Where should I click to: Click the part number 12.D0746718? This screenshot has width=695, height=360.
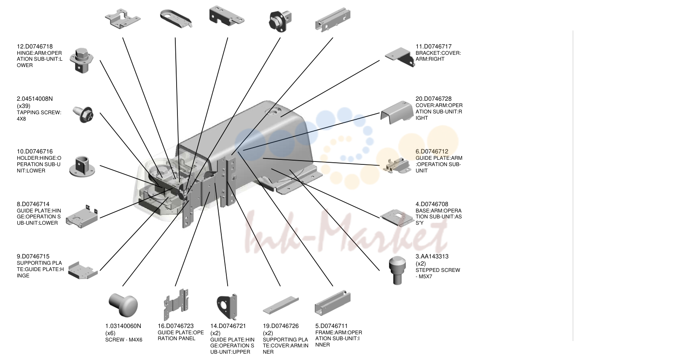pyautogui.click(x=35, y=46)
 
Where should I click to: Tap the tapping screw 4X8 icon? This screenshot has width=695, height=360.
pyautogui.click(x=83, y=114)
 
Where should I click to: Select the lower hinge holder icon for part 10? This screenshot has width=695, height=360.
pyautogui.click(x=82, y=167)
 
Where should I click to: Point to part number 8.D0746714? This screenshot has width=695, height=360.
pyautogui.click(x=33, y=204)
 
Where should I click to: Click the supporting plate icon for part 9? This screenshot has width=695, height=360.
pyautogui.click(x=82, y=270)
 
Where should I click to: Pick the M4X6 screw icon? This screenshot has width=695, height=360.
pyautogui.click(x=123, y=305)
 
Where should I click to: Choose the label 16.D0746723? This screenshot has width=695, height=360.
pyautogui.click(x=176, y=326)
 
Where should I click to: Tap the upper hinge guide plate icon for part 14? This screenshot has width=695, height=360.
pyautogui.click(x=228, y=306)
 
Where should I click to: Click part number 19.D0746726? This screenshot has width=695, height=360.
pyautogui.click(x=281, y=326)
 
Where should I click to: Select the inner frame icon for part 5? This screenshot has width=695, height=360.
pyautogui.click(x=333, y=304)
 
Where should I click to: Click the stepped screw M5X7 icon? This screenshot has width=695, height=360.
pyautogui.click(x=397, y=270)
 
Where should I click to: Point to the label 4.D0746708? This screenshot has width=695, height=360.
pyautogui.click(x=432, y=204)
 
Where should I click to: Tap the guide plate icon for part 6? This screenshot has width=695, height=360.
pyautogui.click(x=397, y=166)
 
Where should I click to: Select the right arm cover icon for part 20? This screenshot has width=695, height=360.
pyautogui.click(x=397, y=113)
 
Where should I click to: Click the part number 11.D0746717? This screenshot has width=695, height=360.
pyautogui.click(x=433, y=46)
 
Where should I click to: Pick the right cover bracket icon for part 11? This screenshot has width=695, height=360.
pyautogui.click(x=400, y=57)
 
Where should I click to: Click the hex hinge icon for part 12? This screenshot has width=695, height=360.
pyautogui.click(x=82, y=61)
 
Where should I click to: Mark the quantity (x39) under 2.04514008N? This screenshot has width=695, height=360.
pyautogui.click(x=24, y=106)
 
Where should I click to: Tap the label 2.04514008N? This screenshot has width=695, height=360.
pyautogui.click(x=35, y=99)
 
